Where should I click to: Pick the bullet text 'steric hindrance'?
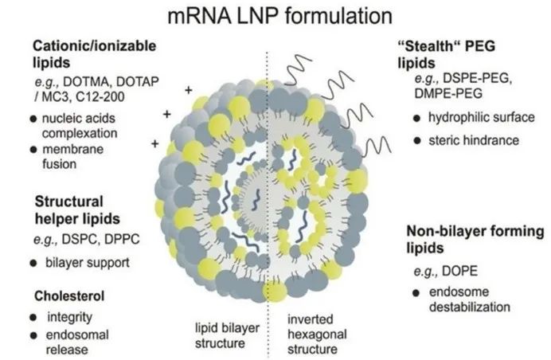click(473, 140)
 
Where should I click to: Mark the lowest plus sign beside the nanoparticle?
click(154, 144)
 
